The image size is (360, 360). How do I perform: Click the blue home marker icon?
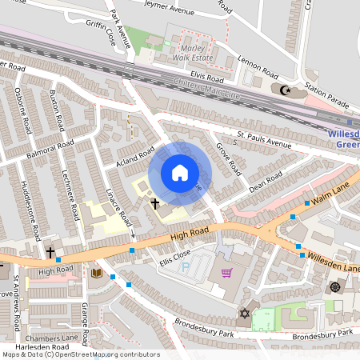pos(180,173)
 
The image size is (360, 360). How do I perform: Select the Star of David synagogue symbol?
pos(243,314)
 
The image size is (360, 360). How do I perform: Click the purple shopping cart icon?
pos(226,273)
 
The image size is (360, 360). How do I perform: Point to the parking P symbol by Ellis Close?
pos(186,266)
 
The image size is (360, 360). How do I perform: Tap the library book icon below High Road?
pos(96,274)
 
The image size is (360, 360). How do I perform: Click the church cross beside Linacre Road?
pos(155,204)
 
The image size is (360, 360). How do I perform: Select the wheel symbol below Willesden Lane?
pos(334,287)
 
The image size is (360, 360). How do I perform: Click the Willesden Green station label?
pos(344,140)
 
